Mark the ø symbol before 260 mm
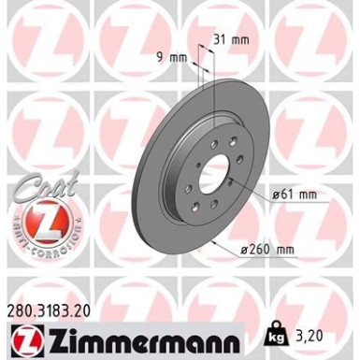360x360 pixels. pos(269,250)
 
